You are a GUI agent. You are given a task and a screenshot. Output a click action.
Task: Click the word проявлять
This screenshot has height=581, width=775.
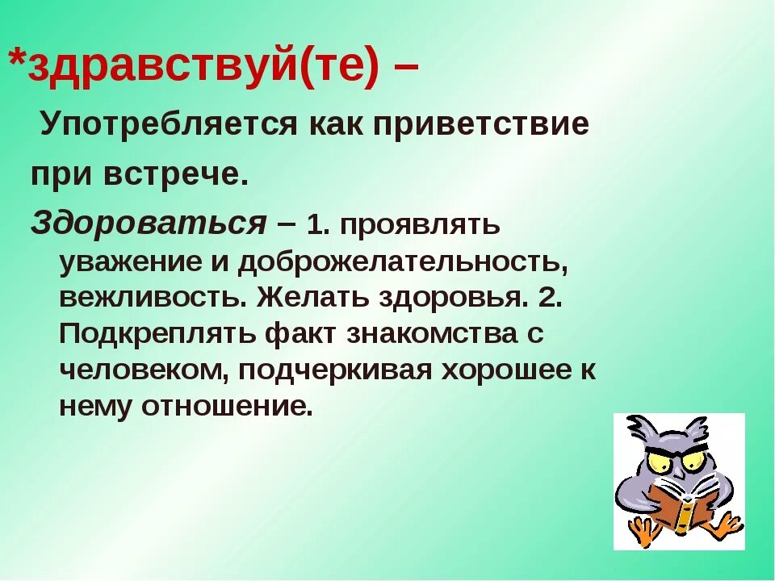coord(421,225)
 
